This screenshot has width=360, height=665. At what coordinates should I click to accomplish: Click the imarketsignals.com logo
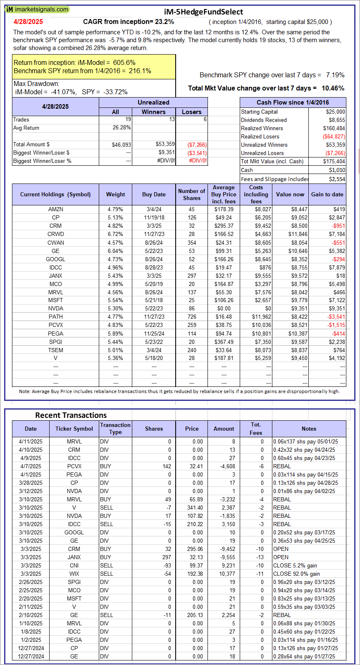coord(37,10)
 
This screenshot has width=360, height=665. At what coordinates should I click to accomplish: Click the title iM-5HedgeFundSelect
coord(203,12)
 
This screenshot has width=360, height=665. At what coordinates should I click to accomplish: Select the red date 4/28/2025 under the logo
coord(28,22)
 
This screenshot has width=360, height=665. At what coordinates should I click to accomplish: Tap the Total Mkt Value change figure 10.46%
coord(333,88)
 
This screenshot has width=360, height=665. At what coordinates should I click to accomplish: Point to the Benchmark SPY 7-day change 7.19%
coord(335,75)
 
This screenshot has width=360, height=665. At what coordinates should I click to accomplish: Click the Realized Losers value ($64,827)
coord(334,137)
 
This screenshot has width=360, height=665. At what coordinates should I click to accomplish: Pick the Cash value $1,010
coord(337,170)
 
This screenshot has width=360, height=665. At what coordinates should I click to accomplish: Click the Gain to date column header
coord(327,194)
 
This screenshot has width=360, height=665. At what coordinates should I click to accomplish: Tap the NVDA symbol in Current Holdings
coord(56,309)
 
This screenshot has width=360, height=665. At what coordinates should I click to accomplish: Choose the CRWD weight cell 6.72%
coord(115,234)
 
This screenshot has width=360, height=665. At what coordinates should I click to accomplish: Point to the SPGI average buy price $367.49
coord(224,342)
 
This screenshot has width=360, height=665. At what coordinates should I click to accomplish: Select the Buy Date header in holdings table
coord(154,194)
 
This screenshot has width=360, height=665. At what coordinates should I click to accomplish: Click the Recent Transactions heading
coord(71,415)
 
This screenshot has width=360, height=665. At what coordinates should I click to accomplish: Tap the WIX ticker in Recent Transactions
coord(74,574)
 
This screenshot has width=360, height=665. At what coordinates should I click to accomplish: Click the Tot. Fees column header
coord(256,429)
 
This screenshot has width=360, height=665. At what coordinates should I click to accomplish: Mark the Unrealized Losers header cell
coord(192,112)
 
